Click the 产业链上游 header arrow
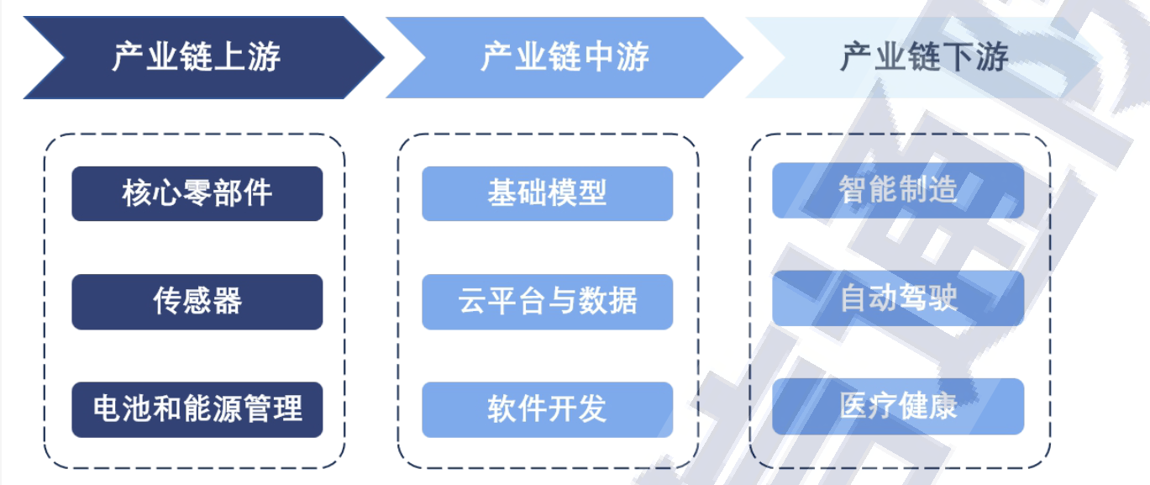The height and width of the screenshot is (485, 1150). [205, 57]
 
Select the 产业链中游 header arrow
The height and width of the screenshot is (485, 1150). [564, 57]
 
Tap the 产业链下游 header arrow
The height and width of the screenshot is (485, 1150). [924, 57]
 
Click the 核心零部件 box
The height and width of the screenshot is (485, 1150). [197, 193]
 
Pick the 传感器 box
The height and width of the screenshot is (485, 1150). [197, 302]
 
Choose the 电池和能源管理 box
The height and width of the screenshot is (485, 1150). [197, 409]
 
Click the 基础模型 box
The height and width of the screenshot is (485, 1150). [547, 193]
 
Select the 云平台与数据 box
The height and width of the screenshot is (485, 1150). [547, 302]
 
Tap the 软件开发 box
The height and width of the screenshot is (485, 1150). [547, 409]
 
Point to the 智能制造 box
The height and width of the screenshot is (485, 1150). [898, 191]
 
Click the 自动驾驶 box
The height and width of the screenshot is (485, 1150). [898, 298]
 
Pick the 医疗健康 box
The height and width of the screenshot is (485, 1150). [898, 406]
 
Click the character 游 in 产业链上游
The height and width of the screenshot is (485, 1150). [265, 56]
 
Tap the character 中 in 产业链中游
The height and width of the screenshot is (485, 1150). [599, 56]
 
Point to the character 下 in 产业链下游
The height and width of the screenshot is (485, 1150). [958, 56]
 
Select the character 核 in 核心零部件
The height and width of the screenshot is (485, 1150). [137, 193]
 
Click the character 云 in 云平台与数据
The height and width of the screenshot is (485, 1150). [472, 301]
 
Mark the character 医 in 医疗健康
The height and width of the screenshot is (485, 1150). [853, 406]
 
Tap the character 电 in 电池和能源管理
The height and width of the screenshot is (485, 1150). [108, 409]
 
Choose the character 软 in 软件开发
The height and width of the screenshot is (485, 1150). [502, 409]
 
